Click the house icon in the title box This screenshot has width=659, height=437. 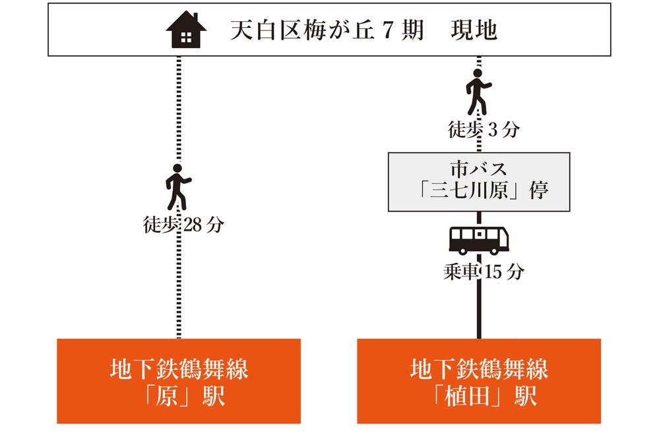coord(186,30)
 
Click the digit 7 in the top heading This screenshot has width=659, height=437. coord(387,30)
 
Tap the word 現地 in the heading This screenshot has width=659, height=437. coord(474,30)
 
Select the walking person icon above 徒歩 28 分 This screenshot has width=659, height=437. coord(178,187)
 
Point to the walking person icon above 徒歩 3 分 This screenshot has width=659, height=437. coord(478,92)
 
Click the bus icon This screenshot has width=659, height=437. coord(479,240)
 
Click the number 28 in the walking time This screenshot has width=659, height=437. coord(193,225)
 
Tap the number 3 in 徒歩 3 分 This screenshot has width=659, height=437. coord(493,130)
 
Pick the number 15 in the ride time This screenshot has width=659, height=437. coord(493,272)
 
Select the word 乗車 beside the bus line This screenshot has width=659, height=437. coord(461,272)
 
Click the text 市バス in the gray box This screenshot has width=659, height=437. coord(479,169)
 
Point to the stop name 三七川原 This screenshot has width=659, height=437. coord(468,191)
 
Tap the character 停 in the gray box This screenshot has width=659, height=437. coord(539,191)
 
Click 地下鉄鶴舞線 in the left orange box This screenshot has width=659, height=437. coord(179,369)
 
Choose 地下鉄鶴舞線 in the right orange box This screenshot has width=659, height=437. coord(479,369)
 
